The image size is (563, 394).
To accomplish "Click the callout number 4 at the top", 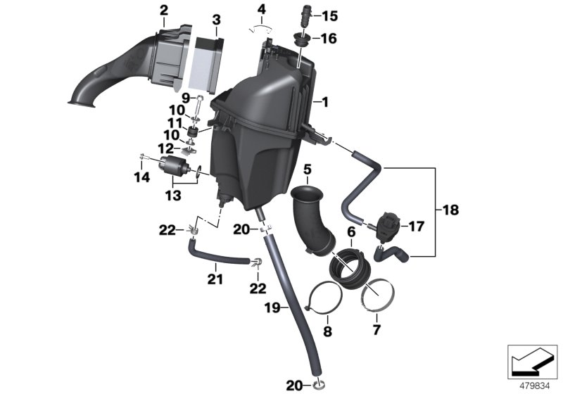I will pos(262,9).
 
